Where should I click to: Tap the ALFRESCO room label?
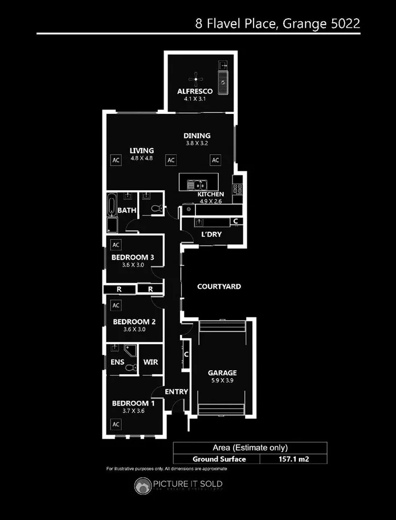(194, 91)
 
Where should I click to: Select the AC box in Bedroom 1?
(116, 424)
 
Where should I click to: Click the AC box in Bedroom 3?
(116, 245)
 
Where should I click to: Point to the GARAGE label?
(222, 373)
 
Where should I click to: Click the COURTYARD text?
(219, 286)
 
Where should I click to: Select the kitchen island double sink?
(197, 184)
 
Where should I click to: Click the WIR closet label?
(150, 362)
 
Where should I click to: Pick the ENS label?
(117, 362)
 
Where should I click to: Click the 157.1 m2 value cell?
(294, 458)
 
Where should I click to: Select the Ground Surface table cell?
(219, 458)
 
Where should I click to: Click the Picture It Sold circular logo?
(142, 485)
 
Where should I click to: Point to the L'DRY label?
(211, 234)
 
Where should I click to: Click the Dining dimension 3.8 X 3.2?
(197, 144)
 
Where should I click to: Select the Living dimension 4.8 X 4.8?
(141, 158)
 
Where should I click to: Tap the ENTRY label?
(176, 392)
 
